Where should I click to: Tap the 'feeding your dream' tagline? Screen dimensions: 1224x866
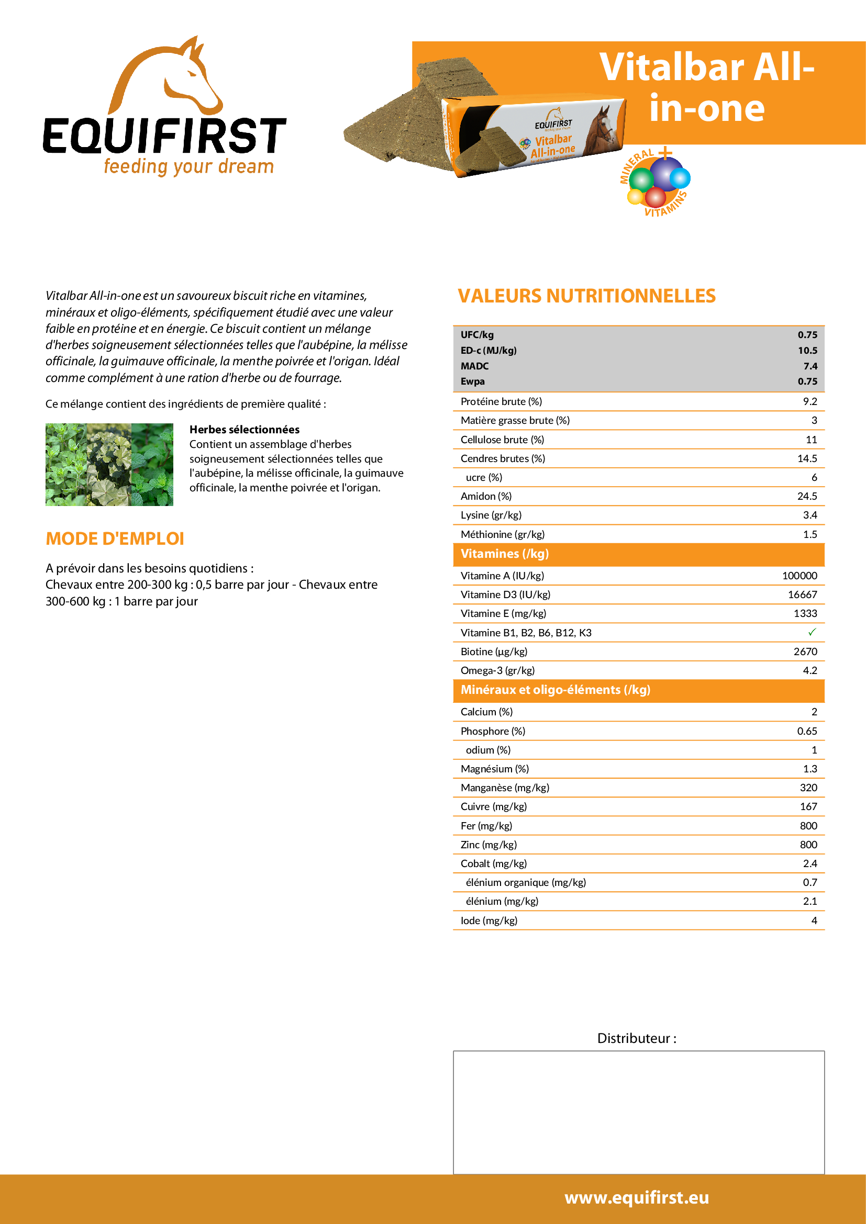pyautogui.click(x=189, y=166)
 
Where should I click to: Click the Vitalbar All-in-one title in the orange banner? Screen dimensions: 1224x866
pyautogui.click(x=706, y=87)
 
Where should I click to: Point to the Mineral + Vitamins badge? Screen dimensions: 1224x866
pyautogui.click(x=656, y=182)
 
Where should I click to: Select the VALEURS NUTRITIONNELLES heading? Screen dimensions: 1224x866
pyautogui.click(x=586, y=296)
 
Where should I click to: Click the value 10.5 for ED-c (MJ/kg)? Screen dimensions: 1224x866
pyautogui.click(x=807, y=350)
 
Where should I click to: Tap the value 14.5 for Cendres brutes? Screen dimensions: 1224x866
pyautogui.click(x=807, y=458)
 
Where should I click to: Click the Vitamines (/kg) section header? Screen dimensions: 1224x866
pyautogui.click(x=504, y=554)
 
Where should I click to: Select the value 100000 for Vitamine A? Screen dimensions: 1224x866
pyautogui.click(x=800, y=576)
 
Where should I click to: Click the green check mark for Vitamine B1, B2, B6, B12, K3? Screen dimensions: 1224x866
pyautogui.click(x=812, y=632)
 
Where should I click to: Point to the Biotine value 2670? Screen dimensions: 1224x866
pyautogui.click(x=805, y=652)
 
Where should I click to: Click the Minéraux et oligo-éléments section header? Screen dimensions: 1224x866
pyautogui.click(x=555, y=690)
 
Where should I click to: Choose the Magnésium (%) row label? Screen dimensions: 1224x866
pyautogui.click(x=495, y=769)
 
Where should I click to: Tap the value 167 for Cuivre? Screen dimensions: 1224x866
pyautogui.click(x=808, y=806)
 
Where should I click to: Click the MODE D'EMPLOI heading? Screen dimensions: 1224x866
pyautogui.click(x=115, y=539)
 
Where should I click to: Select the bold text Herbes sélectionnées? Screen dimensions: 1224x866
pyautogui.click(x=244, y=430)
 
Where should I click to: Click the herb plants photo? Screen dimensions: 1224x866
pyautogui.click(x=109, y=464)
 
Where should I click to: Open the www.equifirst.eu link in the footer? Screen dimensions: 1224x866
pyautogui.click(x=637, y=1197)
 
